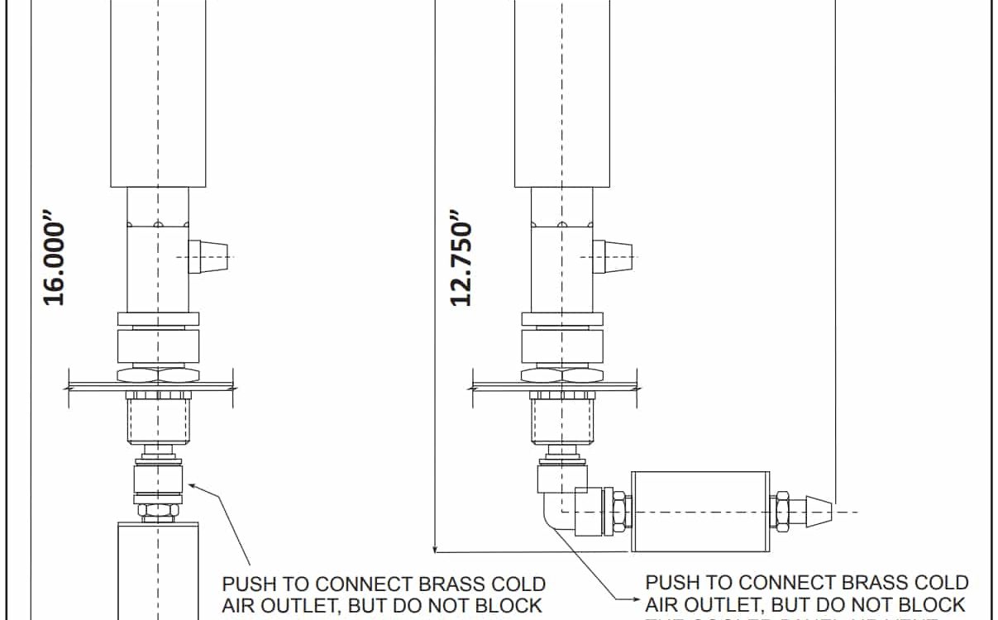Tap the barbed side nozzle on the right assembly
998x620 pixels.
(615, 257)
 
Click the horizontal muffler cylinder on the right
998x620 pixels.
(700, 511)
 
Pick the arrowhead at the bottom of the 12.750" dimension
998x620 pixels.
(435, 546)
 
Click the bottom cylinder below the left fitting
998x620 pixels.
(158, 570)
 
